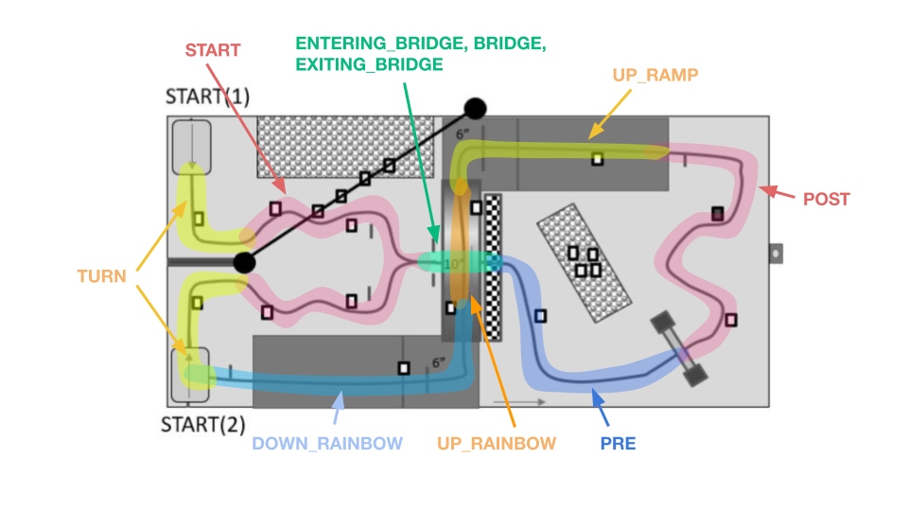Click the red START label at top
213,49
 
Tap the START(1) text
207,97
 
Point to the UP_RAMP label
655,74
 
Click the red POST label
826,200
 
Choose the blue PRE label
618,442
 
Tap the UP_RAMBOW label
497,442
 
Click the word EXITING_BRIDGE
369,64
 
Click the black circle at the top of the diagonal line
474,109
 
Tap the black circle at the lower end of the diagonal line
244,261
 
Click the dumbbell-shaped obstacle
679,348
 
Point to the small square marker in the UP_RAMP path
597,158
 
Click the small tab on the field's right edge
776,254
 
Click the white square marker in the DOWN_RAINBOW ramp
404,368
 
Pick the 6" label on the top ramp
463,133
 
